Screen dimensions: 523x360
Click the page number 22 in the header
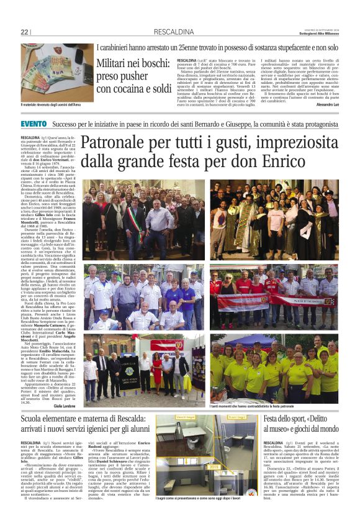pos(25,32)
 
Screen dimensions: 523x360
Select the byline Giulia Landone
pos(65,406)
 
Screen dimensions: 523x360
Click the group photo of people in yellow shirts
pos(274,367)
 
